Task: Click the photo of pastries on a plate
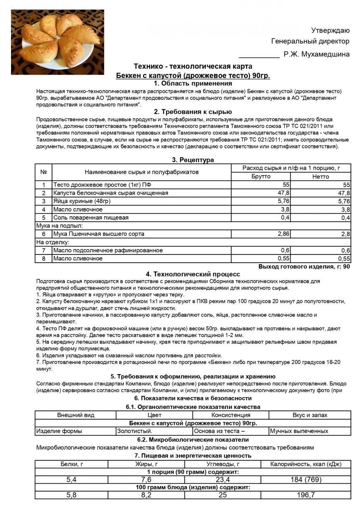tap(57, 42)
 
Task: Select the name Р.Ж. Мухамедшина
tap(317, 54)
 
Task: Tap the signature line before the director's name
tap(259, 56)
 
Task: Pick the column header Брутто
tap(261, 176)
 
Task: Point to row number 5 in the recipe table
tap(43, 218)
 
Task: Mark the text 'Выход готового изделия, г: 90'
tap(304, 267)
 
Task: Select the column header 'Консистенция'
tap(231, 415)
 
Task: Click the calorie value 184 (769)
tap(305, 480)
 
